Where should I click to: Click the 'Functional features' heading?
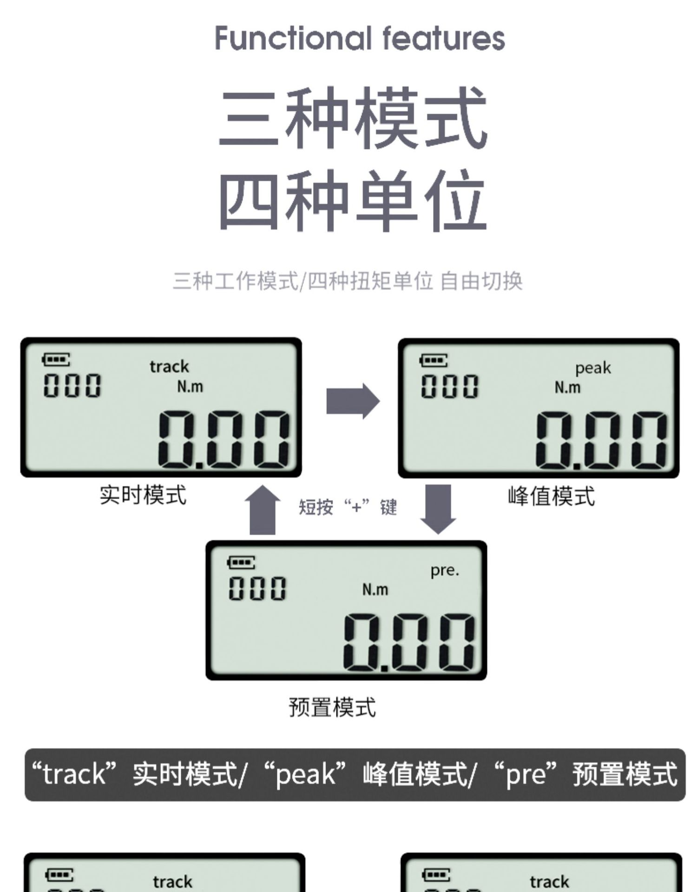pos(360,38)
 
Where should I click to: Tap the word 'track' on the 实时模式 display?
pos(169,367)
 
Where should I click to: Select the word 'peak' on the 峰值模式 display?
pos(593,368)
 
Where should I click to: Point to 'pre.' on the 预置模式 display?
pos(445,570)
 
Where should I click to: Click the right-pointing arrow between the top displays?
pos(353,401)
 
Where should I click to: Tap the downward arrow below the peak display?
pos(438,509)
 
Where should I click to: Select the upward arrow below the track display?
pos(263,510)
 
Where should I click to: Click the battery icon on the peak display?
pos(434,360)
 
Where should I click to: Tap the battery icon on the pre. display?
pos(241,562)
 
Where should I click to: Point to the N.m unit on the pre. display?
pos(375,590)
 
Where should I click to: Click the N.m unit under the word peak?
pos(567,387)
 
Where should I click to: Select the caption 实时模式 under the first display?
pos(143,495)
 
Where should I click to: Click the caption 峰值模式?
pos(551,496)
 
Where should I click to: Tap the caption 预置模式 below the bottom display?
pos(332,707)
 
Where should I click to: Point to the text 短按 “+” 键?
pos(348,507)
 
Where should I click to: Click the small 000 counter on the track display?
pos(72,385)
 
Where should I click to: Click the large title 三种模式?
pos(353,118)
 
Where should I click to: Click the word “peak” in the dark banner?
pos(305,774)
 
